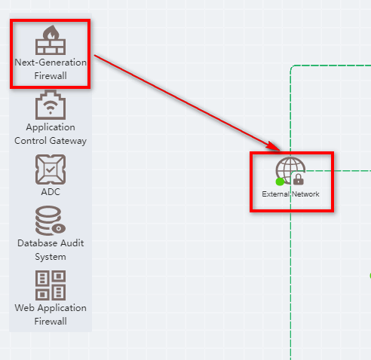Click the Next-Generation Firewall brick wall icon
[51, 40]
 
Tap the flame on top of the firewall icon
[51, 32]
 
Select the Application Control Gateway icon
[51, 105]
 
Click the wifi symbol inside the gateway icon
[51, 107]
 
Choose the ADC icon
[51, 169]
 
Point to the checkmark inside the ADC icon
[51, 169]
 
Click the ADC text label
[51, 192]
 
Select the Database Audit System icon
[51, 221]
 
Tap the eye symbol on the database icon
[59, 228]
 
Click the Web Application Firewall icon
[51, 285]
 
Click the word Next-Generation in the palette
[51, 63]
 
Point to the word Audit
[72, 243]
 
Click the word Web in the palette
[24, 308]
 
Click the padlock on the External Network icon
[299, 179]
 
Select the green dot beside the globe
[280, 182]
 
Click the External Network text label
[290, 194]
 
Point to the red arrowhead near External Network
[273, 146]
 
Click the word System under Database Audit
[51, 257]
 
